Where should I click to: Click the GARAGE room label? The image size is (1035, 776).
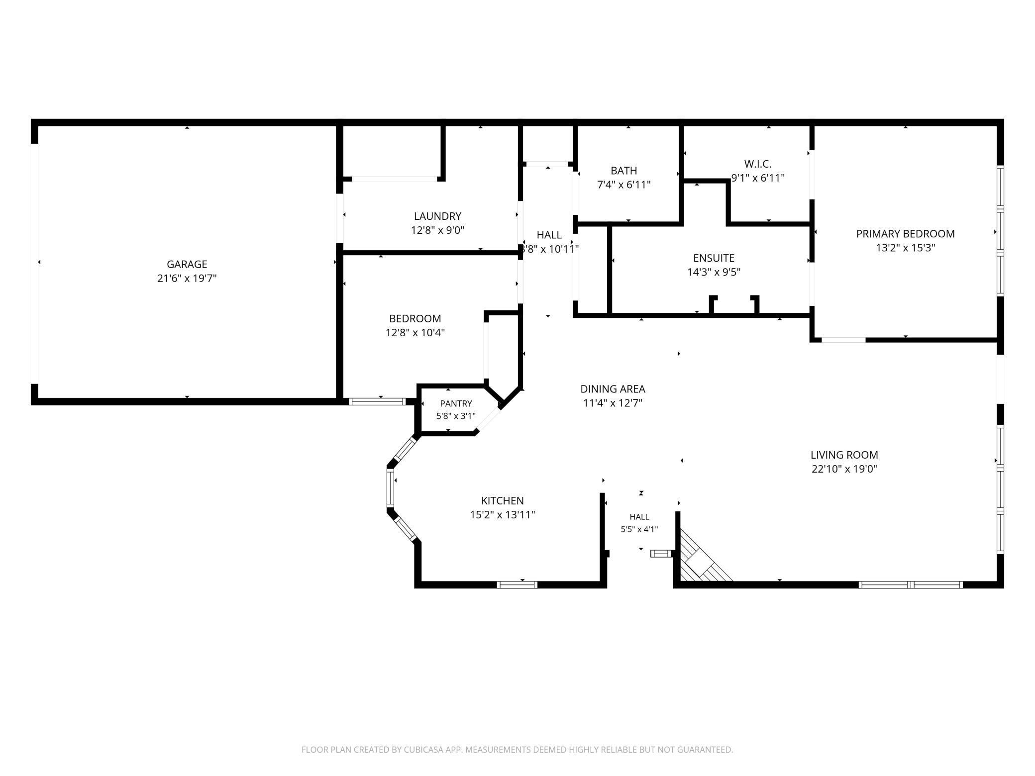tap(187, 264)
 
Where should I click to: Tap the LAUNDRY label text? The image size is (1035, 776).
tap(437, 216)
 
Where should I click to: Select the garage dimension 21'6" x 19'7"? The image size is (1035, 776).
tap(187, 278)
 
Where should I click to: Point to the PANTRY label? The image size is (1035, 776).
tap(456, 403)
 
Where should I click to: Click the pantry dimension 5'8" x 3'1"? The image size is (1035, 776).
tap(456, 416)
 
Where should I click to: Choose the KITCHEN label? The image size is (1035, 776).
tap(502, 500)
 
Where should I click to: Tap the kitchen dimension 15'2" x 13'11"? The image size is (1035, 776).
tap(502, 514)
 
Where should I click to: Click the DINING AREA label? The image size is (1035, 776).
tap(613, 389)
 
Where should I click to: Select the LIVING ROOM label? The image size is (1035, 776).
tap(844, 455)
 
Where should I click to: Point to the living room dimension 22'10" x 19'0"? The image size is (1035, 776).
tap(844, 469)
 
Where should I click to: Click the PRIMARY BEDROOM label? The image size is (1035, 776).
tap(905, 234)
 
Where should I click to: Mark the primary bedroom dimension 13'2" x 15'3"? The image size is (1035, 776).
tap(905, 248)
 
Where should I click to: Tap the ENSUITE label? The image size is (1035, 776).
tap(714, 258)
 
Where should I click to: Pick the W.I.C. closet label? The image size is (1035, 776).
tap(757, 164)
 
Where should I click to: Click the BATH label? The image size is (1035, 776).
tap(623, 171)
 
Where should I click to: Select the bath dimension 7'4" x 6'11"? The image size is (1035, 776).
tap(623, 185)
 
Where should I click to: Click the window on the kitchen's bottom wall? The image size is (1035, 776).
tap(517, 584)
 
